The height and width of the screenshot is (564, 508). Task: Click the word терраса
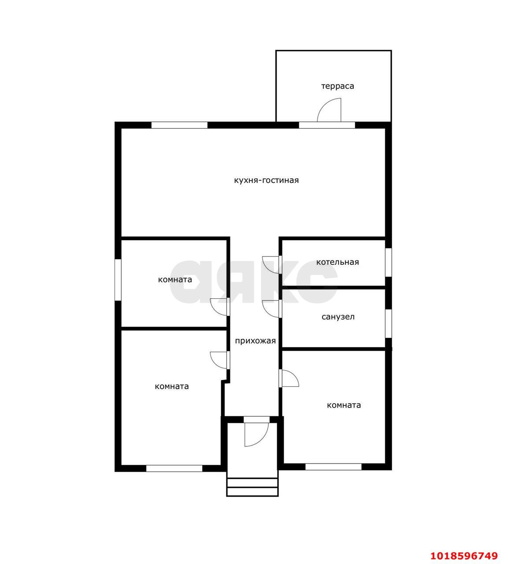(337, 86)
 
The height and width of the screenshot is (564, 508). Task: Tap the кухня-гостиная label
(266, 180)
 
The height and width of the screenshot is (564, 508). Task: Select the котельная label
(337, 262)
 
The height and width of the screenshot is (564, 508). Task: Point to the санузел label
(338, 317)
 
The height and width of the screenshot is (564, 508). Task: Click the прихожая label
(255, 341)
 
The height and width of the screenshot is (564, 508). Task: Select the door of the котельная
(271, 264)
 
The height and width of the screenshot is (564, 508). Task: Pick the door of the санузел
(271, 309)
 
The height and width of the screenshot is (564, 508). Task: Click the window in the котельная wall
(388, 262)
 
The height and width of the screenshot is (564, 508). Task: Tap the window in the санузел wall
(388, 323)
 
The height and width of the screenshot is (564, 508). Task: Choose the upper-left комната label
(175, 280)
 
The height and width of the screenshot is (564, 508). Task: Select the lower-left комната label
(172, 386)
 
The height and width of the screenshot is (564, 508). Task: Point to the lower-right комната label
(344, 405)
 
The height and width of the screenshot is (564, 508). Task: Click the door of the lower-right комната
(289, 378)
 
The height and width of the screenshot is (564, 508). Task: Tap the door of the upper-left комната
(220, 307)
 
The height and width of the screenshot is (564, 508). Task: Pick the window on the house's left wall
(118, 280)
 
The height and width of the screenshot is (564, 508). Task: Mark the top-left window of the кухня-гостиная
(179, 125)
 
